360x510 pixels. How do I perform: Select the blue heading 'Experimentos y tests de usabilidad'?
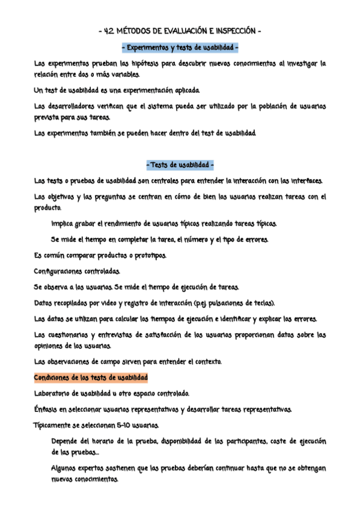(x=180, y=46)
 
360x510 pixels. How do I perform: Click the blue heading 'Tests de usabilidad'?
(x=180, y=165)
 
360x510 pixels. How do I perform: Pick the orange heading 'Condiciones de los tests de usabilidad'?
(x=91, y=378)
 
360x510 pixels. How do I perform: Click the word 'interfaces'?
(x=307, y=180)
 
